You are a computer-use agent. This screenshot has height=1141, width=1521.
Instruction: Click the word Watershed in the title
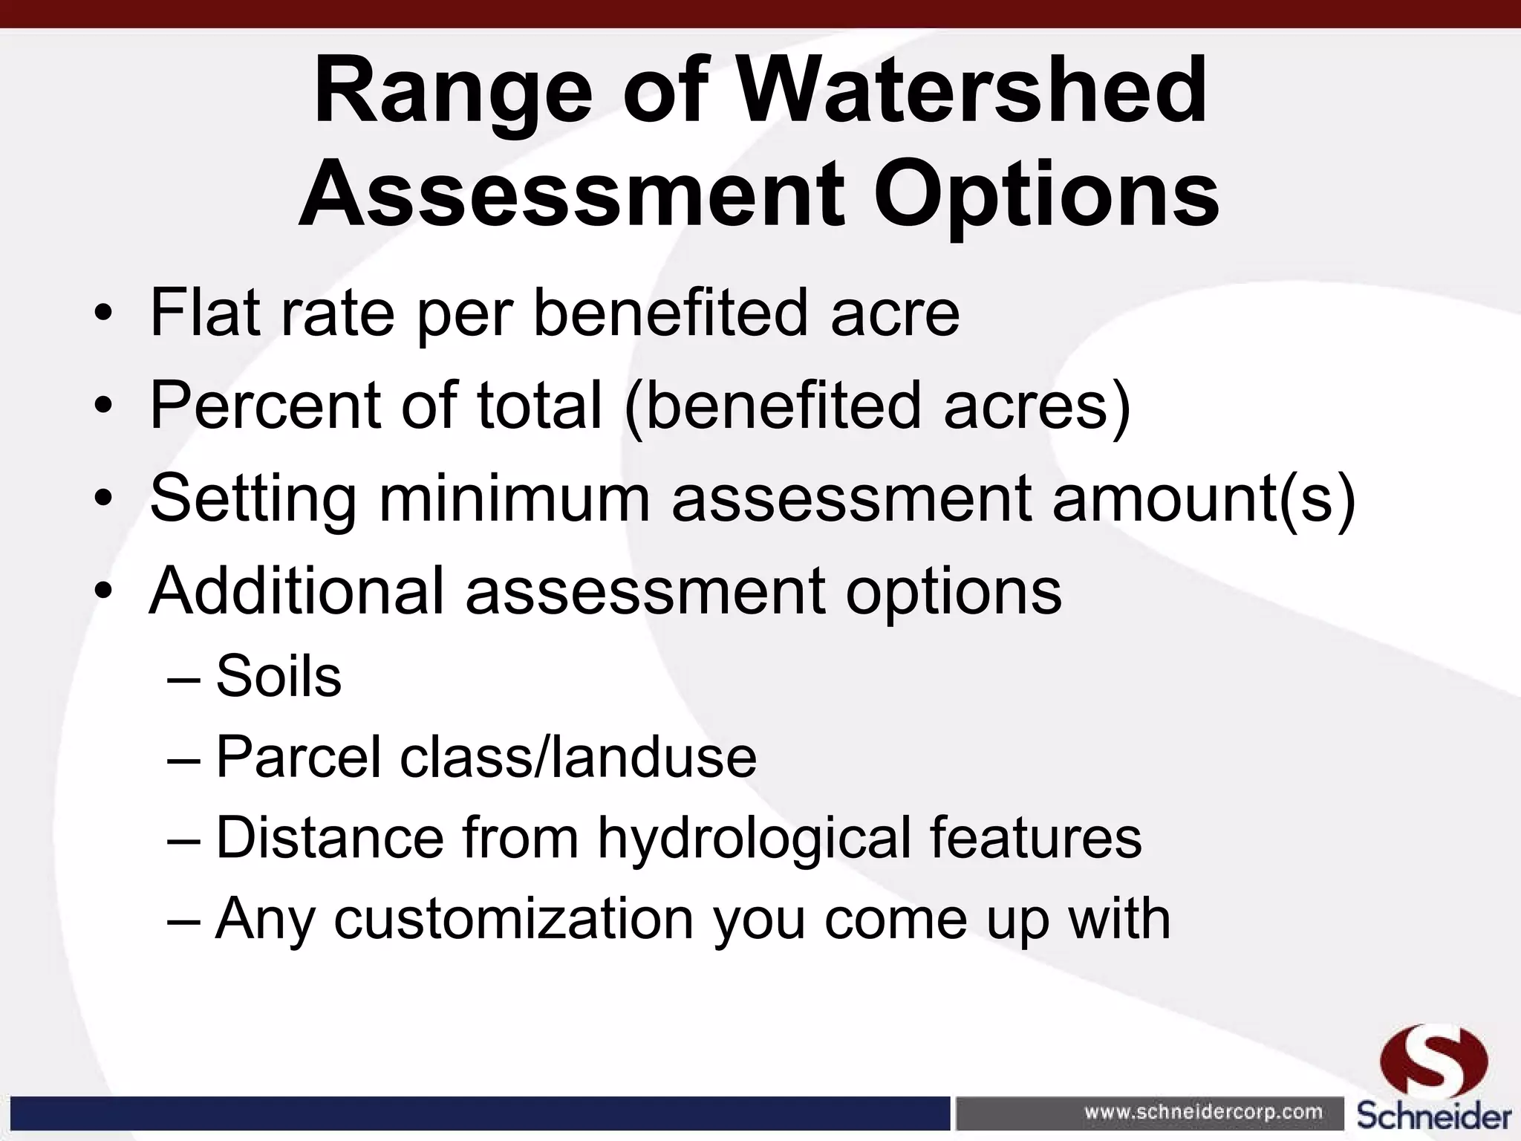972,91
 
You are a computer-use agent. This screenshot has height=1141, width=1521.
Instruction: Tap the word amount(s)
1204,499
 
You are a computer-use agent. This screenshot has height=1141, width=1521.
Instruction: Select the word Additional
296,591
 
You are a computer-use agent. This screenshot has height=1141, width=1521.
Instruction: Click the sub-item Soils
279,677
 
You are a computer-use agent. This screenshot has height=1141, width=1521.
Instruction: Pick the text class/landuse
578,757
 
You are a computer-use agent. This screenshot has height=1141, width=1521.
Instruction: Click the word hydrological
754,839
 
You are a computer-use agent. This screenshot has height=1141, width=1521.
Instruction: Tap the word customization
513,919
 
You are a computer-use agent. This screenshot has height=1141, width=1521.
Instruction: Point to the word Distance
330,838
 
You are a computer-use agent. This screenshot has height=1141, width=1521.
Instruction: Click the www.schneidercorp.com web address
1203,1112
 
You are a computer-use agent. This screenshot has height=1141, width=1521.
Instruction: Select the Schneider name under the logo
1434,1116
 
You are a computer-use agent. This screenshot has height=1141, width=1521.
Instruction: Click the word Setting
253,499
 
